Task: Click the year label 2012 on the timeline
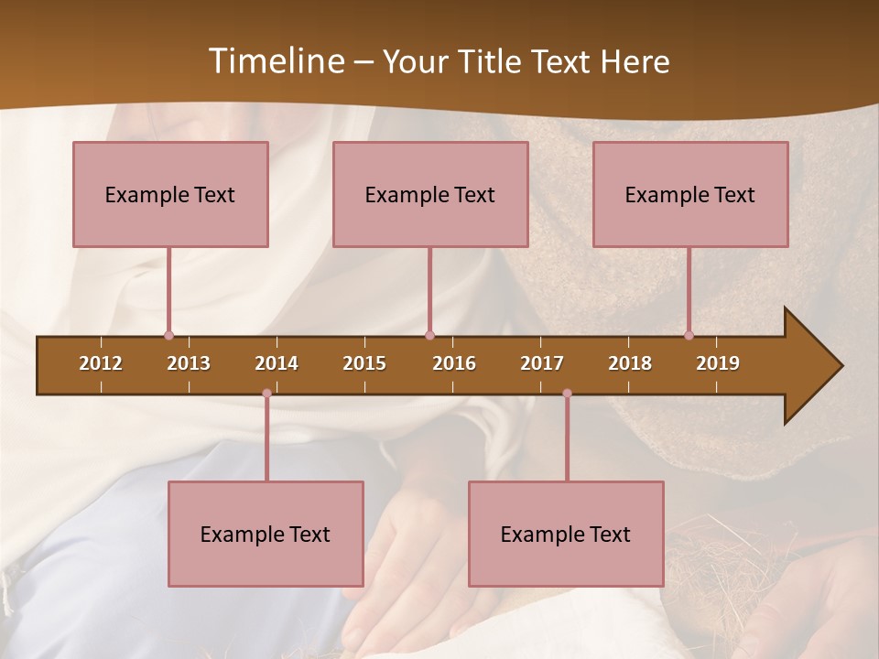(101, 363)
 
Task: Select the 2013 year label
(189, 363)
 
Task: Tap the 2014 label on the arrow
(277, 363)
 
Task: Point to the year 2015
(364, 363)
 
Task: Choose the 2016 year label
(454, 363)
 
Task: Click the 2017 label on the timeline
(542, 363)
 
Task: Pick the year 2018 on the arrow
(630, 363)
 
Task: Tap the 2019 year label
(718, 363)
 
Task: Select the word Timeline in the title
(274, 61)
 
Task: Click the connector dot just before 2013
(168, 336)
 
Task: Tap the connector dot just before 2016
(429, 336)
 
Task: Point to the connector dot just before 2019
(689, 336)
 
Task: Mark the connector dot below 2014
(266, 394)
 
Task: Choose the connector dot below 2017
(567, 394)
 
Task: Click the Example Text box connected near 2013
(170, 194)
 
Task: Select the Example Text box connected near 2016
(430, 194)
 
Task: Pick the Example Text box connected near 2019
(690, 194)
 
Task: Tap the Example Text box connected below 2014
(266, 534)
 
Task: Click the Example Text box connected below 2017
(566, 534)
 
